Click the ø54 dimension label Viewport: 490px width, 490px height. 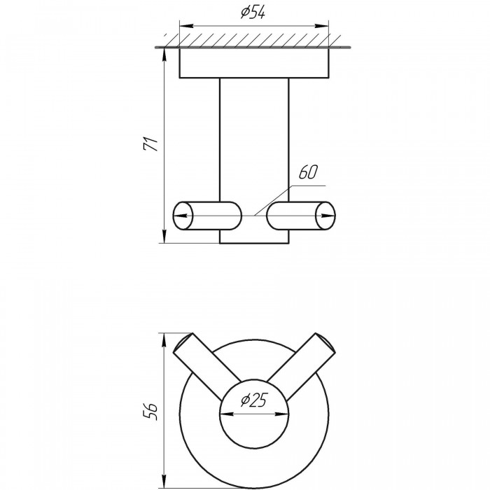click(253, 13)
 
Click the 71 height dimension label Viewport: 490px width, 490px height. click(150, 143)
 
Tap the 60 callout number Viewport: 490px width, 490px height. click(308, 172)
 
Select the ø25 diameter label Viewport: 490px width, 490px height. click(254, 400)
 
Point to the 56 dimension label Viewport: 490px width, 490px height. click(150, 412)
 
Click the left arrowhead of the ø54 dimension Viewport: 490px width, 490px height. click(186, 26)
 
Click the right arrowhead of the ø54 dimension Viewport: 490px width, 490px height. click(321, 26)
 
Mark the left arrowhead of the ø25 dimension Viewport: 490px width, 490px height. click(227, 414)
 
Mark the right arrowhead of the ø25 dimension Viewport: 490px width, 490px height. click(281, 414)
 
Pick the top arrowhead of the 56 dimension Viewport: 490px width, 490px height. click(164, 340)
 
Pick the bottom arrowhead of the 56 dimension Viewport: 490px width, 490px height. click(164, 482)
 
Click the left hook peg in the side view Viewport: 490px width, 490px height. click(207, 216)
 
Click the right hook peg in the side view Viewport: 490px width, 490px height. click(301, 216)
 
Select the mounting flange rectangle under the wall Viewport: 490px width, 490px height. click(254, 62)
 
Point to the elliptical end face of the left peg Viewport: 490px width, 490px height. click(183, 216)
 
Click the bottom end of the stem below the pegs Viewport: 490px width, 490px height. click(254, 243)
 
